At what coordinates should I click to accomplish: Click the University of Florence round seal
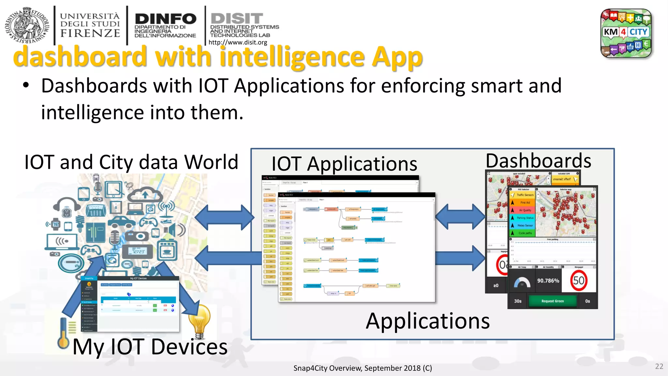tap(27, 25)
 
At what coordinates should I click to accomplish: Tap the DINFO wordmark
tap(165, 19)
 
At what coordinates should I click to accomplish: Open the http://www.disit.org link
tap(237, 42)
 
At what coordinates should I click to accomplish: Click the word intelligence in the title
tap(292, 57)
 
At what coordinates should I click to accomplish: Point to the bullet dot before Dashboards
tap(26, 86)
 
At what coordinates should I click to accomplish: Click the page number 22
tap(659, 366)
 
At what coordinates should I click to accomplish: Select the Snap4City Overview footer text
tap(362, 368)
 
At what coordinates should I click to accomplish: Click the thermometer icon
tap(63, 333)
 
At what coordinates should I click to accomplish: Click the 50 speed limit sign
tap(579, 280)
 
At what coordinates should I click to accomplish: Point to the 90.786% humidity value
tap(548, 281)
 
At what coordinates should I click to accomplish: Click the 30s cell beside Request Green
tap(518, 301)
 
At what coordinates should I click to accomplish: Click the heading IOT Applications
tap(344, 164)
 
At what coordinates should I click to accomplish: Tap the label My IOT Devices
tap(150, 347)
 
